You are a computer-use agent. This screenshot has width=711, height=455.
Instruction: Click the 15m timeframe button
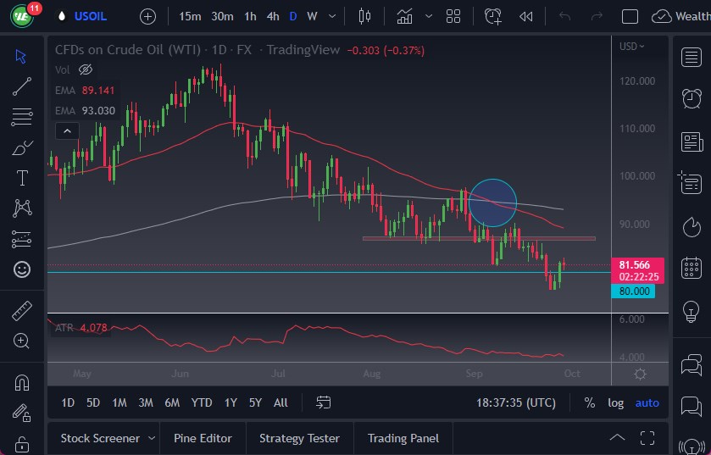190,16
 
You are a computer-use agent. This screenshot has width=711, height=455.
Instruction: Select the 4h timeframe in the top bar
272,16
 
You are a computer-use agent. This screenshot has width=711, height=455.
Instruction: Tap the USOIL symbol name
91,16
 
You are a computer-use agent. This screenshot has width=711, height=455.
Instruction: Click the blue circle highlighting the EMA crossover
492,203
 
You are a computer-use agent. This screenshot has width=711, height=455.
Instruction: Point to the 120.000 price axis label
637,81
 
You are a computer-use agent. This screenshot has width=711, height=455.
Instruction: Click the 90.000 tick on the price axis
637,225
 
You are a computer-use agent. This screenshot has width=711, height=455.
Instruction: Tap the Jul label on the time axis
279,373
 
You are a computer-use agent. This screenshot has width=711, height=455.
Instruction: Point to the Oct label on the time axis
572,373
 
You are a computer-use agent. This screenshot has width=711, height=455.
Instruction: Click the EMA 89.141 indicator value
97,91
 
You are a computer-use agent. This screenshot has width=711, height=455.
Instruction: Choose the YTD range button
202,402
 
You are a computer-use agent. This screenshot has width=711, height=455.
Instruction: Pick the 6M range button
172,402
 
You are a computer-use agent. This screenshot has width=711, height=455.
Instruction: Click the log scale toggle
615,402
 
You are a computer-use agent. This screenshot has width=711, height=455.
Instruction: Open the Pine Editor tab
203,438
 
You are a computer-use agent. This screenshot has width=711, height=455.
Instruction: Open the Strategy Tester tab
299,438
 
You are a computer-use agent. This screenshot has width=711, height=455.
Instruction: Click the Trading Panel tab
403,438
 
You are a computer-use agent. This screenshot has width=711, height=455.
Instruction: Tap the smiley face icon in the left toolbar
22,269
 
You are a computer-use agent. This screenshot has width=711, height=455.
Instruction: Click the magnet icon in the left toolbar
22,382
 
